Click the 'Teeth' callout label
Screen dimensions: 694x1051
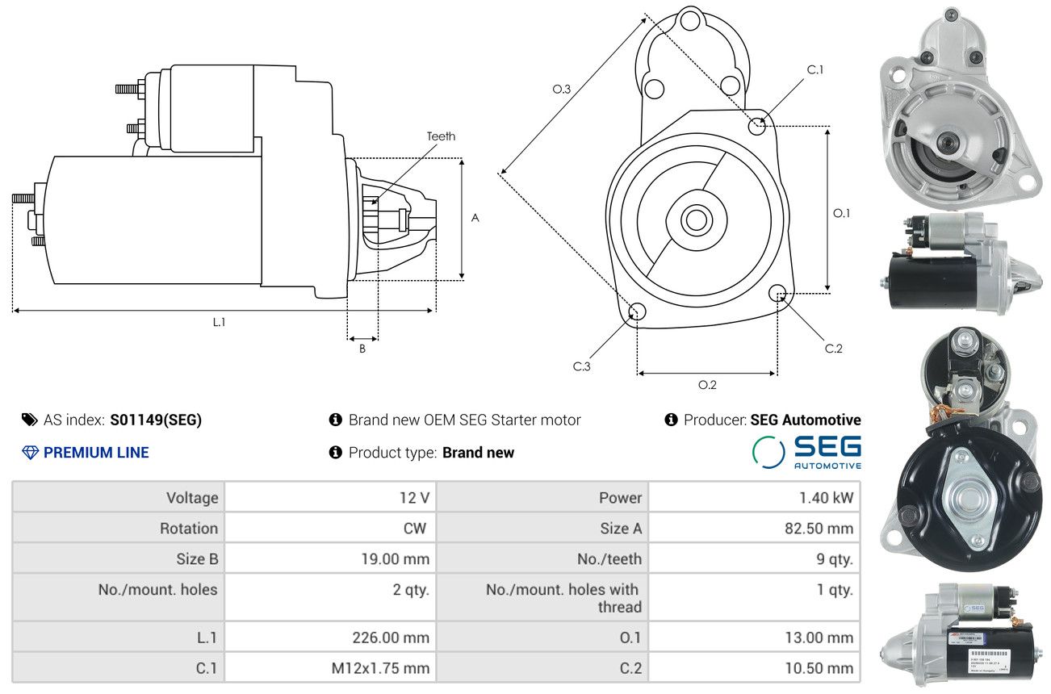(441, 136)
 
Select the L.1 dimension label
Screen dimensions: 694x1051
(219, 322)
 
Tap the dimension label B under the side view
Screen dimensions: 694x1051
(362, 349)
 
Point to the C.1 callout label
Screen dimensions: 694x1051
(815, 69)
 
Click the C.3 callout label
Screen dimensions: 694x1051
(582, 366)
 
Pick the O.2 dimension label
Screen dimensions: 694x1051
(707, 385)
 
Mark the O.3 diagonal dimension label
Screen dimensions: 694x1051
(562, 89)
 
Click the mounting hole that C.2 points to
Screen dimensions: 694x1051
(777, 292)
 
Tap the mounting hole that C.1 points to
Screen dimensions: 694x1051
(757, 126)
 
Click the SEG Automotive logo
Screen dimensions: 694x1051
(806, 452)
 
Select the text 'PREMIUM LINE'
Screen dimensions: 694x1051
(96, 453)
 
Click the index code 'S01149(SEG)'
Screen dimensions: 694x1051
(156, 420)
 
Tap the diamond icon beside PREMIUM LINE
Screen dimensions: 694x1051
(30, 453)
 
